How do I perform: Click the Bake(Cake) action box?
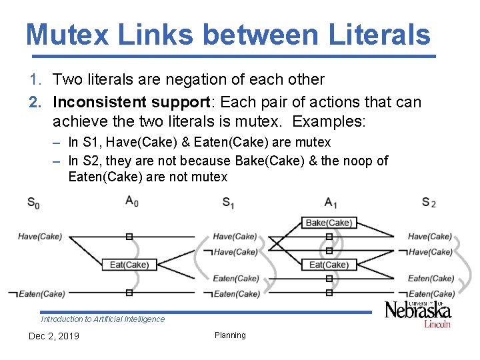point(329,223)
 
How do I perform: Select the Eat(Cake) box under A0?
point(129,265)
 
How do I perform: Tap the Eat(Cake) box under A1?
point(329,265)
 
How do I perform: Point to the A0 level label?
point(131,201)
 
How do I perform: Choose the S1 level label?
point(228,202)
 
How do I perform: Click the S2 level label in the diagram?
point(429,202)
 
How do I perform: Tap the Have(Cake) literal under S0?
point(40,237)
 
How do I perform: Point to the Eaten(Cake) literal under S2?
point(431,279)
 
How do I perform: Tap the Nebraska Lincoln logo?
point(418,313)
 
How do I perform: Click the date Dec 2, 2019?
point(53,336)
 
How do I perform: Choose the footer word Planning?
point(230,335)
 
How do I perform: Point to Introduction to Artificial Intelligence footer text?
point(103,319)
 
